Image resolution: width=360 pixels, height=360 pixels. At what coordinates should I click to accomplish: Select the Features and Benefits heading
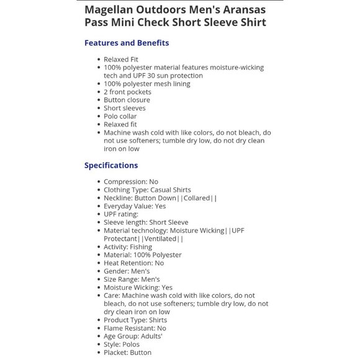[x=127, y=43]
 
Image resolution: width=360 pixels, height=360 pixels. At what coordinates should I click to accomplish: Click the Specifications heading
[x=111, y=165]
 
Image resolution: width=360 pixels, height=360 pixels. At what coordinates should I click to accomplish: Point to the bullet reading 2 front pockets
[x=127, y=92]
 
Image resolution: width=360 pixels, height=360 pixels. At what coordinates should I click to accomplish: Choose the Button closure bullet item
[x=127, y=100]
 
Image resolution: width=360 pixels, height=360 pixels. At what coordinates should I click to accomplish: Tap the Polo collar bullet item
[x=120, y=116]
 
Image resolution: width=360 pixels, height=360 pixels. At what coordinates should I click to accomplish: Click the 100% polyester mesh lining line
[x=147, y=84]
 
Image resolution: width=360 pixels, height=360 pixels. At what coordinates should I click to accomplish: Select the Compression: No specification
[x=131, y=182]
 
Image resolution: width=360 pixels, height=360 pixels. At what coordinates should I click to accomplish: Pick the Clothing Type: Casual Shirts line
[x=147, y=190]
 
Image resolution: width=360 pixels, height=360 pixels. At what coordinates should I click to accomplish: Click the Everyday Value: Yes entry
[x=135, y=206]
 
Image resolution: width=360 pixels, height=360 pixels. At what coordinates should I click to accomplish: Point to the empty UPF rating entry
[x=121, y=214]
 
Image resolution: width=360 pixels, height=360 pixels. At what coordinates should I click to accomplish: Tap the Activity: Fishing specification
[x=128, y=247]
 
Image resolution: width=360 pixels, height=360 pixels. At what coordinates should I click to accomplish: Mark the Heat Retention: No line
[x=133, y=263]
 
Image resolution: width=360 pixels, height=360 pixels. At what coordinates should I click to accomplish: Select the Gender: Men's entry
[x=127, y=271]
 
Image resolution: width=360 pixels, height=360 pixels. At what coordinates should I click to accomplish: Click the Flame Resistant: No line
[x=135, y=328]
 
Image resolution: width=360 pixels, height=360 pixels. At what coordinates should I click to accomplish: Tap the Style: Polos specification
[x=122, y=344]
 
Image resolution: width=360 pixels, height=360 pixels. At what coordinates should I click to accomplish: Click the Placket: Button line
[x=127, y=353]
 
